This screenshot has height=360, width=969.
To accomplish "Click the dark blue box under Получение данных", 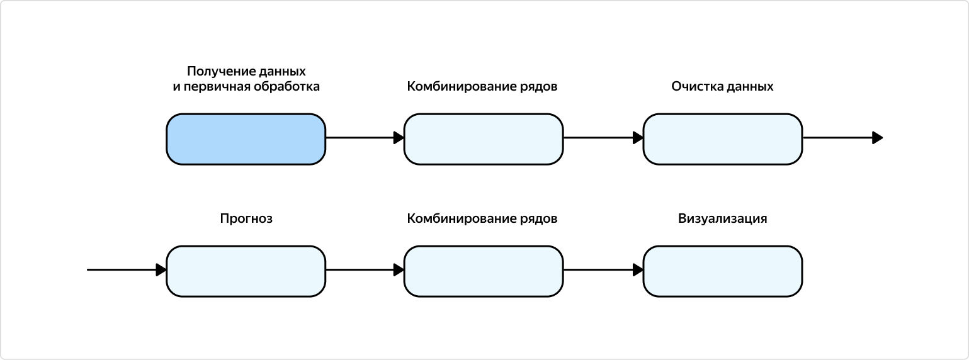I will coord(246,139).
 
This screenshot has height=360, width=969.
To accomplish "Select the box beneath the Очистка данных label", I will coord(722,139).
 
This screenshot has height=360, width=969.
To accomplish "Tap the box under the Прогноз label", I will coord(246,271).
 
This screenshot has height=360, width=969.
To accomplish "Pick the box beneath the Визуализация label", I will coord(722,271).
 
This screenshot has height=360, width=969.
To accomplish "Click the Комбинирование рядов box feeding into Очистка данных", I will coord(483,139).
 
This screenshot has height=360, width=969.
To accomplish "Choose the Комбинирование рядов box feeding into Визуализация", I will coord(483,271).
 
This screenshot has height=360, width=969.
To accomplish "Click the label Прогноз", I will coord(246,219).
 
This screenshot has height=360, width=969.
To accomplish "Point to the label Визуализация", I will coord(722,219).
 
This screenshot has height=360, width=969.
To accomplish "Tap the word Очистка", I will coord(696,87).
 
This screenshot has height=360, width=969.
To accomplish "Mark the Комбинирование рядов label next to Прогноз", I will coord(482,219).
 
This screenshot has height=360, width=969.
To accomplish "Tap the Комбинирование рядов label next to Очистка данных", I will coord(482,87).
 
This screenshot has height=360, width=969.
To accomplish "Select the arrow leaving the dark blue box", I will coord(364,138).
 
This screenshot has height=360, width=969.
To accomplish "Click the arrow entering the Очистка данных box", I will coord(602,138).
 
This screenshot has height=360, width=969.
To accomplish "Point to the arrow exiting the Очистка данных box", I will coord(841,138).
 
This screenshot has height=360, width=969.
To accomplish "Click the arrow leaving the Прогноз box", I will coord(364,270).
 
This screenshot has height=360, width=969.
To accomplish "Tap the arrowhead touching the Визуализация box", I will coord(638,270).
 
